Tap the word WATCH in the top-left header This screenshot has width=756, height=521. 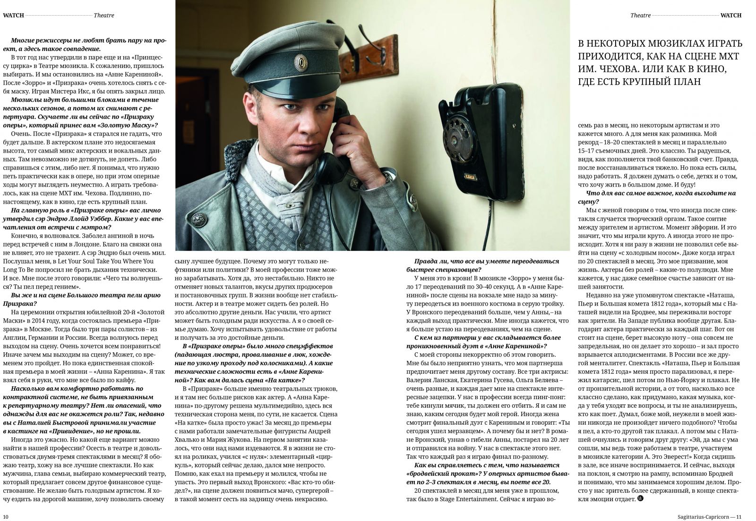(x=14, y=15)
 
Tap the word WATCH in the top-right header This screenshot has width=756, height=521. (x=730, y=15)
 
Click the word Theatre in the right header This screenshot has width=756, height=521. (x=640, y=15)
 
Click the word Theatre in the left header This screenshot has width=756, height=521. (x=104, y=15)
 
